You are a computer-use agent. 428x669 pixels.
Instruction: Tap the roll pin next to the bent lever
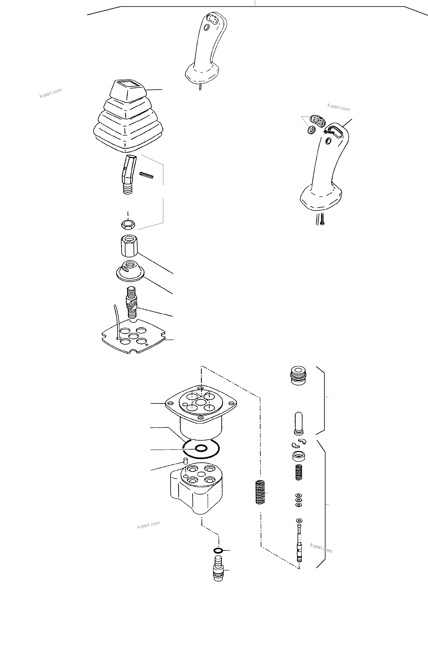147,175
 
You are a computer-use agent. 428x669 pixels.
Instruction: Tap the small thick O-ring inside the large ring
201,448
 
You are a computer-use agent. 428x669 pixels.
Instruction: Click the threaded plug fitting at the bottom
219,569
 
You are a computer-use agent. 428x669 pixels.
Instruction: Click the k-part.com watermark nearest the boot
51,93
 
